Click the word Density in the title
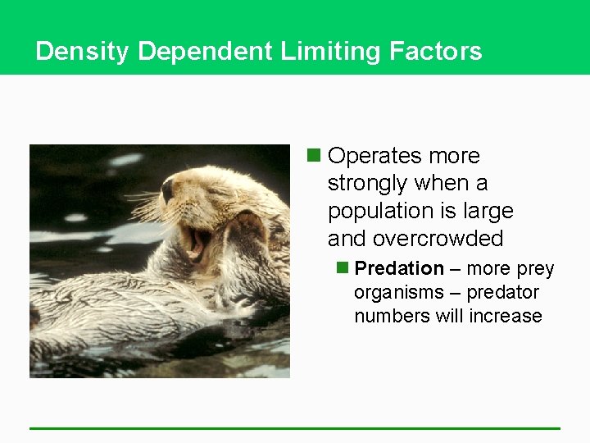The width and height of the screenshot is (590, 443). click(83, 52)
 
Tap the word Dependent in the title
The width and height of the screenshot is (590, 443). click(206, 52)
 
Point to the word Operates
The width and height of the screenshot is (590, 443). click(383, 156)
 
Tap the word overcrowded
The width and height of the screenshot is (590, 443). click(438, 239)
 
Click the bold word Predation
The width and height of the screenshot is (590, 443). click(399, 268)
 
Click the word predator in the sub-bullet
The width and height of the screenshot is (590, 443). click(502, 292)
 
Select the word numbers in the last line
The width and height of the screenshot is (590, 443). click(386, 316)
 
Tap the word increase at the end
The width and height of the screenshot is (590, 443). click(506, 316)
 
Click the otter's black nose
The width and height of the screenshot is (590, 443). click(167, 192)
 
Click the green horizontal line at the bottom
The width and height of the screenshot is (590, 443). click(295, 427)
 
